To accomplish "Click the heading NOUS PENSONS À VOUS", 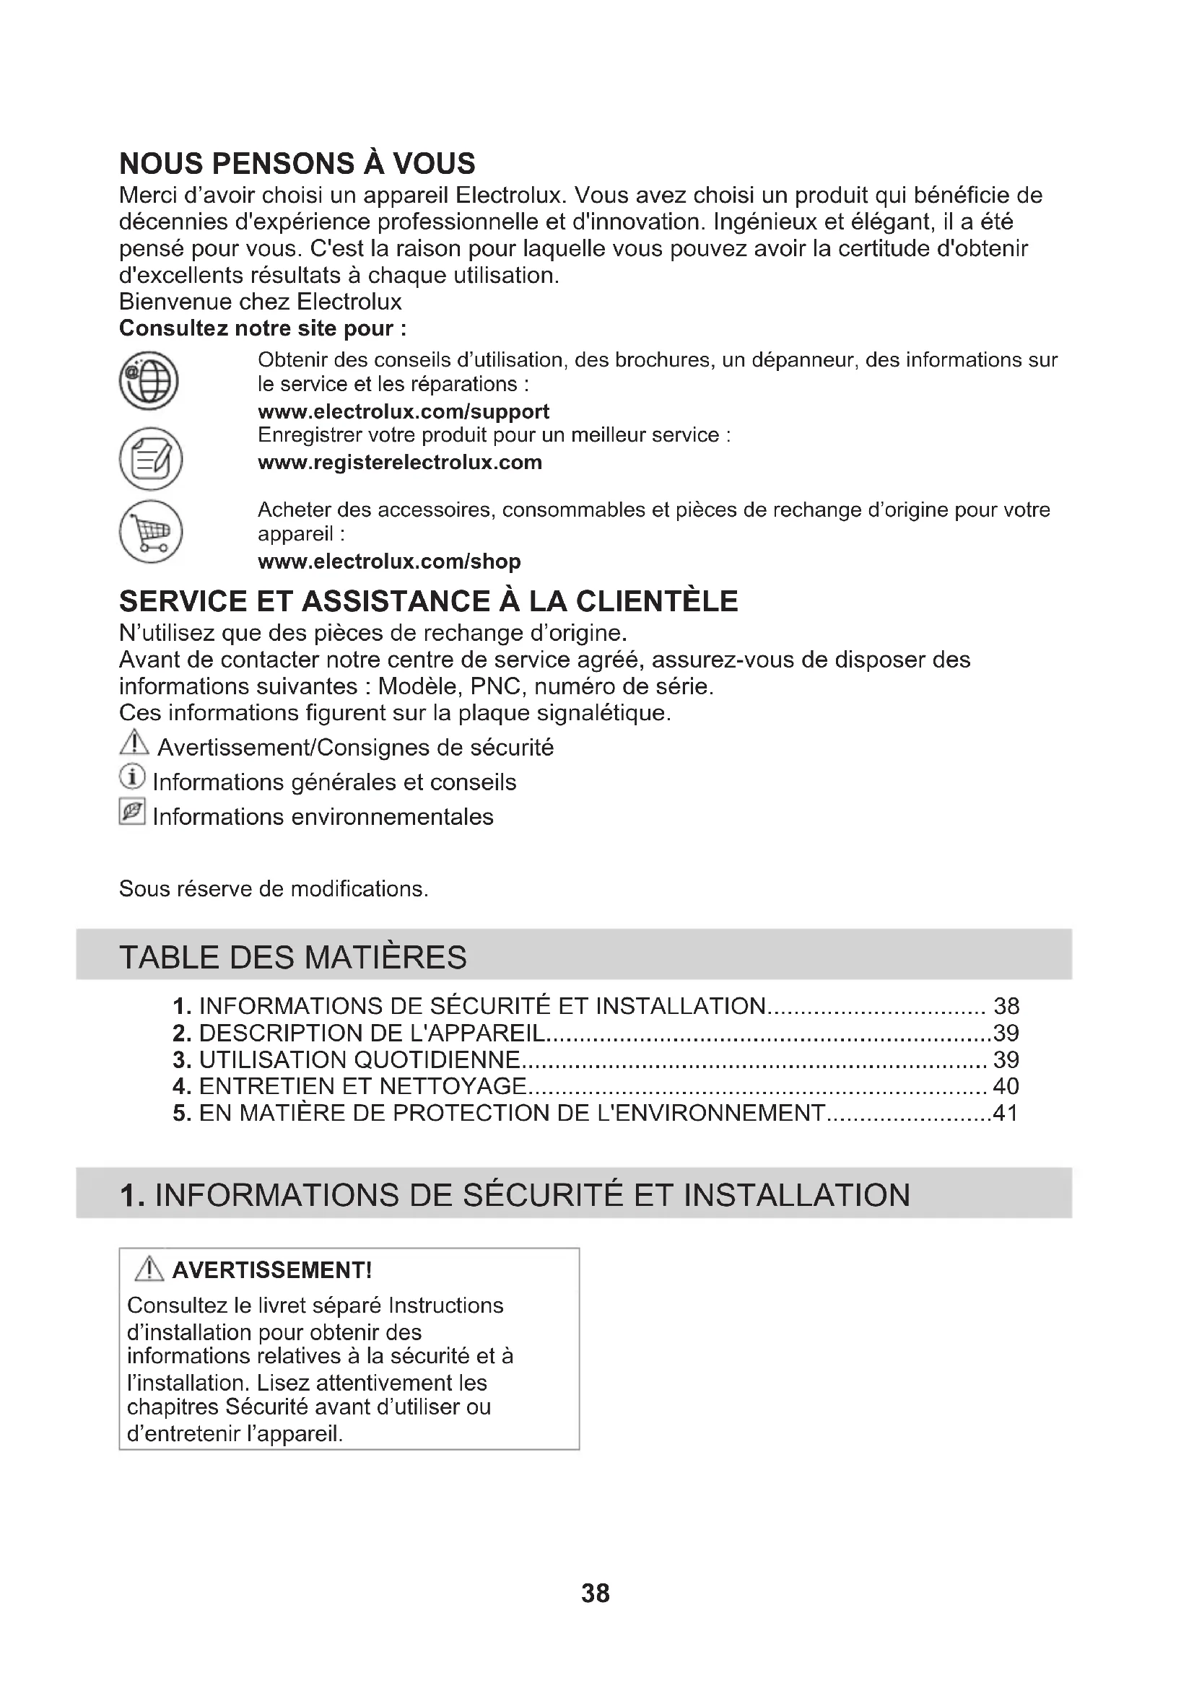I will click(297, 163).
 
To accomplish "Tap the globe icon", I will click(149, 381).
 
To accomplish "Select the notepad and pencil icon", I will click(151, 459).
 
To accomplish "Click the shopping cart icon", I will click(151, 532).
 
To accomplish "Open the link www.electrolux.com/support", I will click(404, 411).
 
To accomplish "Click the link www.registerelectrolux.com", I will click(400, 463).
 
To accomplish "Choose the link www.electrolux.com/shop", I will click(389, 561).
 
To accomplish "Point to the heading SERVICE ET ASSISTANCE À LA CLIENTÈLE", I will click(429, 601).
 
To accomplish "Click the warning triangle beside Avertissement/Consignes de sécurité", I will click(134, 743).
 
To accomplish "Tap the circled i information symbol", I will click(131, 778).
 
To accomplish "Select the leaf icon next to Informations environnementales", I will click(131, 813).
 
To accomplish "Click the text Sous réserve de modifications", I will click(274, 889).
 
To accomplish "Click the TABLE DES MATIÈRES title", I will click(292, 957).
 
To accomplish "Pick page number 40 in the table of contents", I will click(1006, 1087).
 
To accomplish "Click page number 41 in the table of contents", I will click(1006, 1113).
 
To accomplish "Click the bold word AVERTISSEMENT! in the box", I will click(272, 1270).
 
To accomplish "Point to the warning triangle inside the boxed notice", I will click(150, 1269).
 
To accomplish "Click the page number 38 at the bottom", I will click(596, 1593).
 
